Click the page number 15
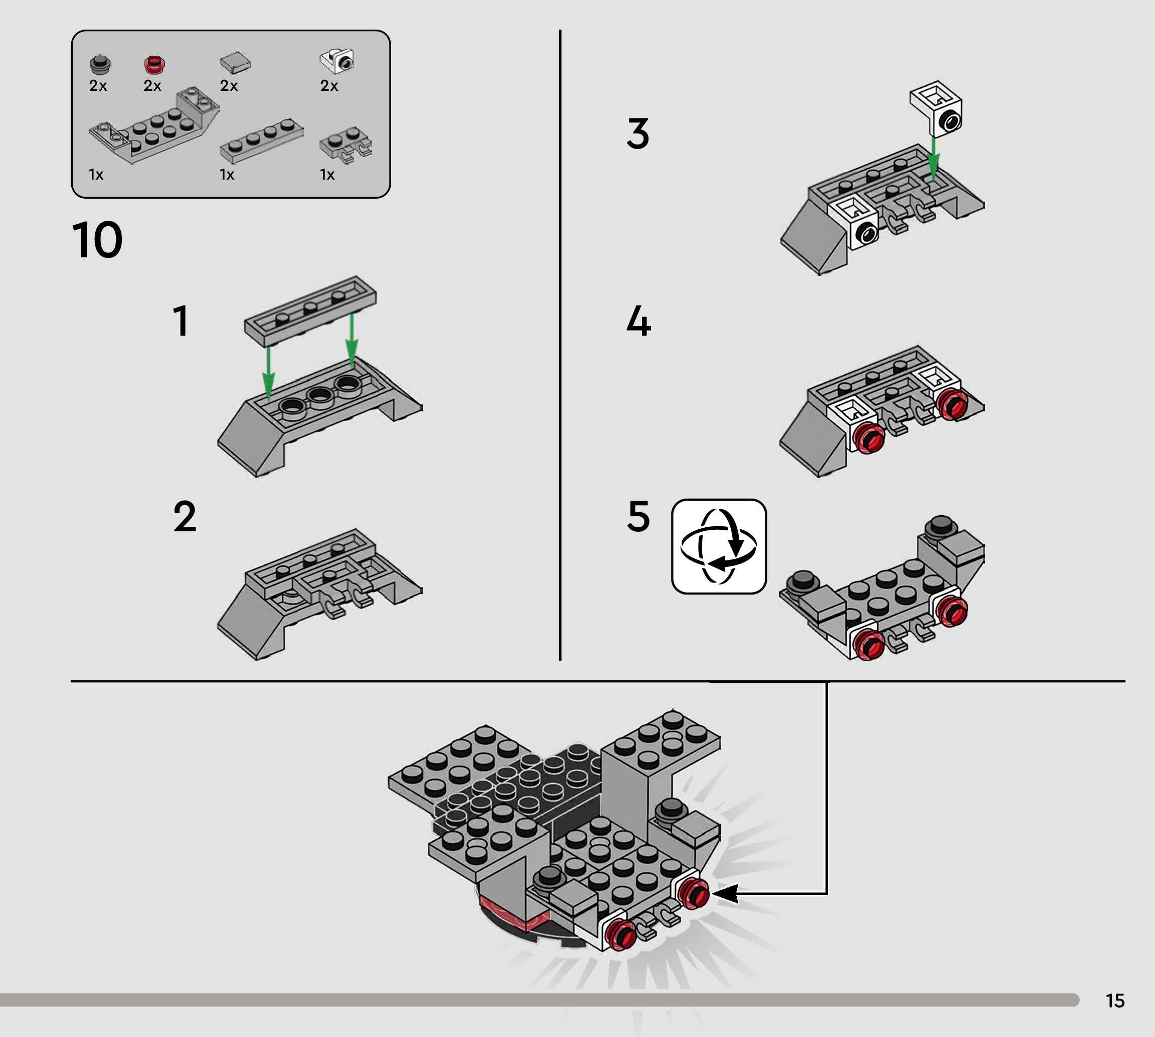click(1115, 1000)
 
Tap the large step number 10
click(97, 240)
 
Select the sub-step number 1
click(181, 320)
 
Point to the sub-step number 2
click(185, 517)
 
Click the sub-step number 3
click(638, 134)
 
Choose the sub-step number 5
click(638, 516)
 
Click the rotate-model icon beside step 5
click(719, 546)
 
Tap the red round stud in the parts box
click(154, 65)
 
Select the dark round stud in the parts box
click(100, 64)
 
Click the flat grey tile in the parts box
click(235, 63)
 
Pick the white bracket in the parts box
click(338, 60)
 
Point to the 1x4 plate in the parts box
click(261, 140)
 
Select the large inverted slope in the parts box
click(154, 125)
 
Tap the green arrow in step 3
click(932, 157)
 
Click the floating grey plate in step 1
click(310, 311)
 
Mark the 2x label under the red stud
click(152, 85)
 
